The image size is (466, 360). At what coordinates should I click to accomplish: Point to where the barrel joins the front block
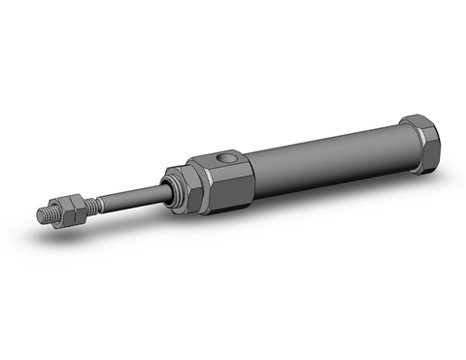point(255,170)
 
